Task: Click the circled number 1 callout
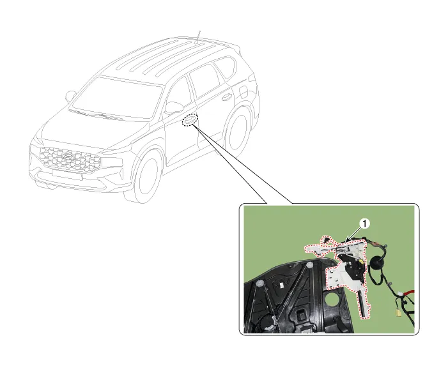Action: coord(365,224)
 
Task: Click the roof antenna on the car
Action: coord(197,37)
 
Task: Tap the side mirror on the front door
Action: coord(174,107)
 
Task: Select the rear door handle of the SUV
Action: coord(227,97)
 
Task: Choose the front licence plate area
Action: coord(68,175)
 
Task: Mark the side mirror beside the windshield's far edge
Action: coord(70,96)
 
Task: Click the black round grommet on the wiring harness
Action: coord(377,262)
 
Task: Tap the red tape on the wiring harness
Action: coord(407,293)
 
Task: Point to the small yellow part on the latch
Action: coord(362,261)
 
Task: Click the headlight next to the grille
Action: coord(112,162)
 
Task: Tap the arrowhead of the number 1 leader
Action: coord(346,240)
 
